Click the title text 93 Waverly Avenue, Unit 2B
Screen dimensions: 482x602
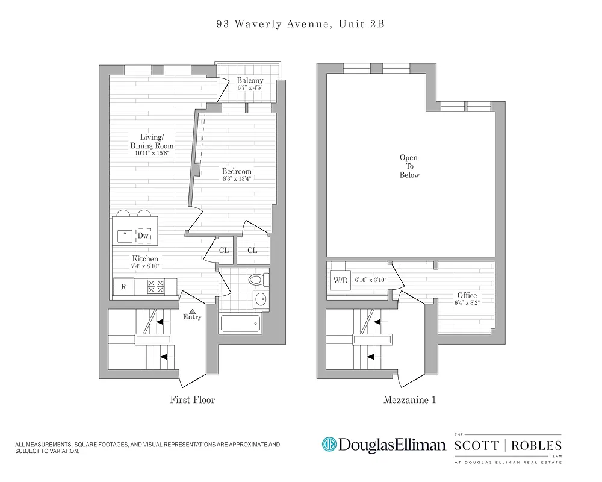(x=300, y=25)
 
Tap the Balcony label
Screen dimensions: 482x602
(x=250, y=81)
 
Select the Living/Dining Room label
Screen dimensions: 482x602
(x=152, y=141)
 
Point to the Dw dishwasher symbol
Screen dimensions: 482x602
(x=143, y=236)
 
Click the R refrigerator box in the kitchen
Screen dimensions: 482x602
(x=123, y=287)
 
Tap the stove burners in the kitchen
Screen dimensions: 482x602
(x=156, y=286)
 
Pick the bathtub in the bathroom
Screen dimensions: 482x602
(x=240, y=324)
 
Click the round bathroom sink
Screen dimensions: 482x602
(x=261, y=299)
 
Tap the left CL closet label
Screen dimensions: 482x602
(x=223, y=250)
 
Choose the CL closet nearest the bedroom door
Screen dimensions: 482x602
(x=252, y=250)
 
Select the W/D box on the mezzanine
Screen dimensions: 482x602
(x=340, y=280)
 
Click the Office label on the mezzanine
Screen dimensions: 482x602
(x=467, y=295)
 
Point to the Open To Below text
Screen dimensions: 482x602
(x=409, y=166)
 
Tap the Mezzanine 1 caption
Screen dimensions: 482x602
(x=409, y=399)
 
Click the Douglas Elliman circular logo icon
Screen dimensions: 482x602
(x=329, y=445)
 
